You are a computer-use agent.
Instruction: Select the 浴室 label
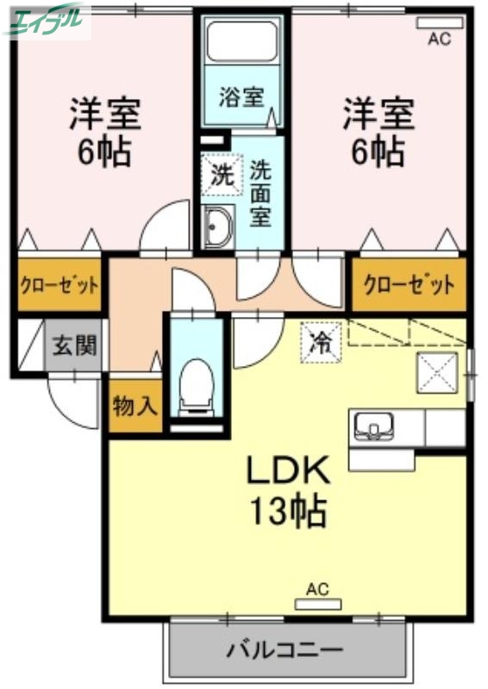pyautogui.click(x=241, y=96)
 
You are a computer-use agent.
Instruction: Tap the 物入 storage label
pyautogui.click(x=135, y=407)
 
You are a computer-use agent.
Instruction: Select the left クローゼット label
pyautogui.click(x=59, y=285)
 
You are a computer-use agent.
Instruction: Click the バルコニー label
pyautogui.click(x=285, y=649)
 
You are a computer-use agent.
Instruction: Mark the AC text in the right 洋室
pyautogui.click(x=439, y=37)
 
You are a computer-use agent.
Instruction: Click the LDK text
pyautogui.click(x=289, y=471)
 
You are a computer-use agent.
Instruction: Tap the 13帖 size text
pyautogui.click(x=289, y=512)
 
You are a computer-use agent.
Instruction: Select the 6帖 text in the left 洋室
pyautogui.click(x=103, y=152)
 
